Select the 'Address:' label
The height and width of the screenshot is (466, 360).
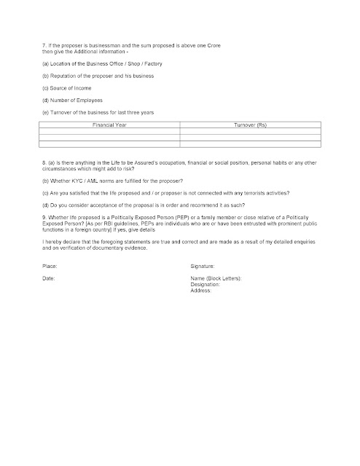[x=200, y=291]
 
